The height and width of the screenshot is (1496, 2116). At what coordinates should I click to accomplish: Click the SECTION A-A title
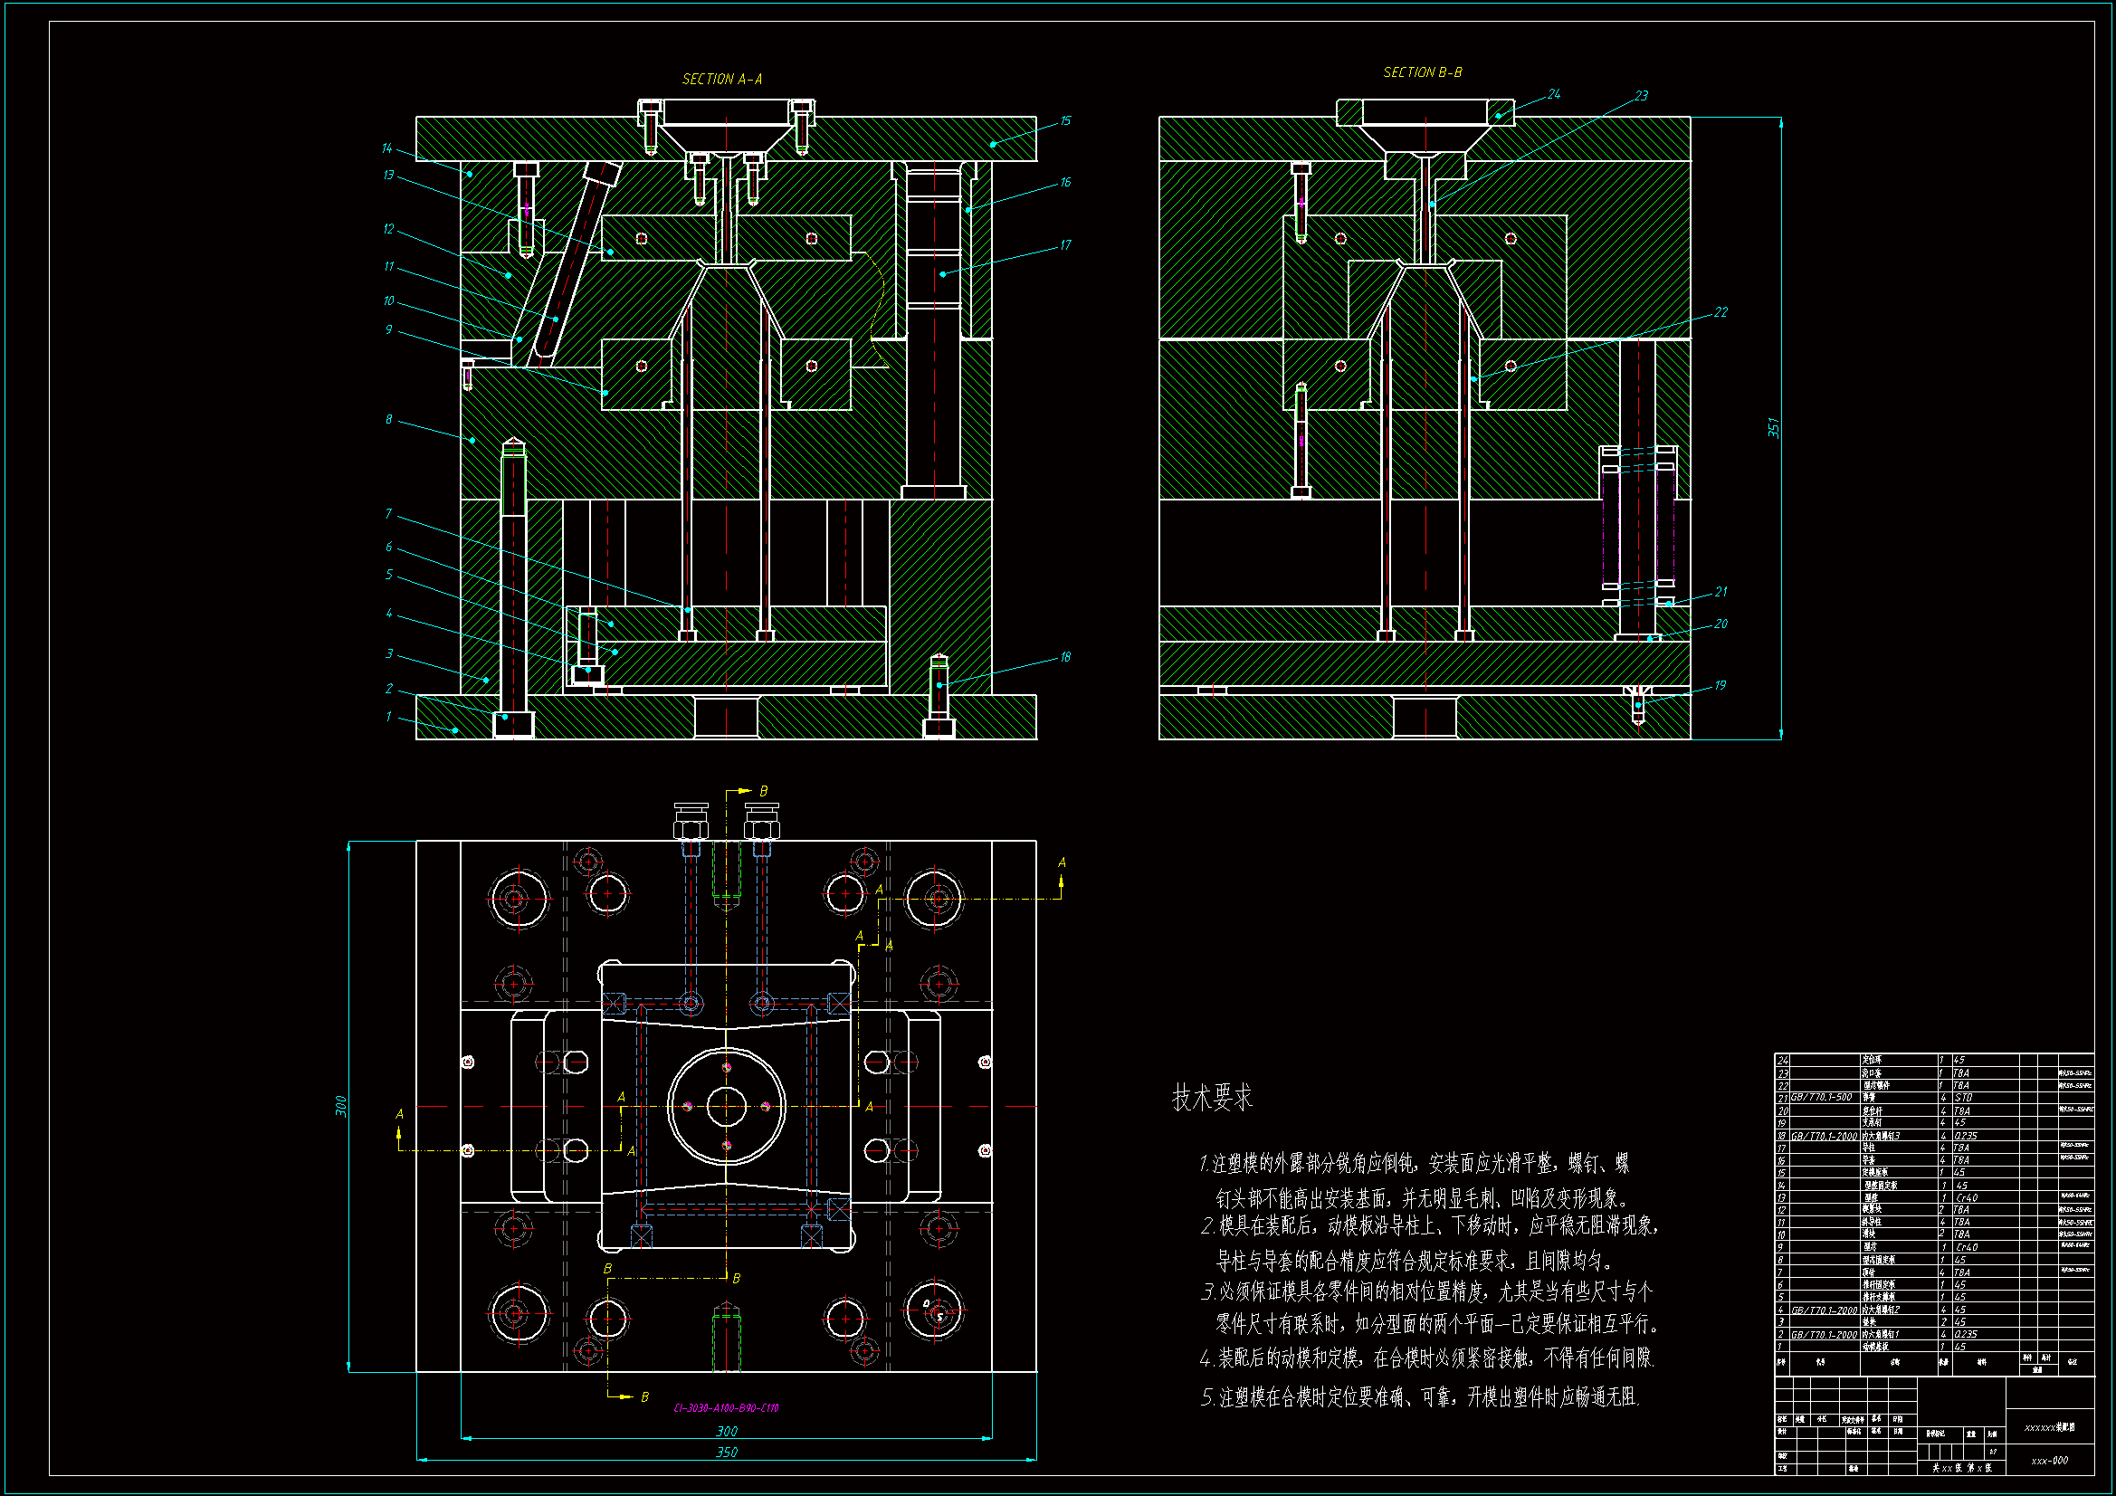coord(721,80)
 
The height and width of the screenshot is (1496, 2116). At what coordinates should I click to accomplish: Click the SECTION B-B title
coord(1422,71)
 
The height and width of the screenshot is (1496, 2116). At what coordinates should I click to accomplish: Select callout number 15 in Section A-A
coord(1065,120)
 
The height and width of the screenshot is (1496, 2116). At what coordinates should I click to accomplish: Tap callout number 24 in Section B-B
coord(1554,94)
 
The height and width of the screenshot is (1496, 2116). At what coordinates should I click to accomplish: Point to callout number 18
coord(1065,657)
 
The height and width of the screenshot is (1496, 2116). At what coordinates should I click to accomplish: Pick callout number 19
coord(1720,685)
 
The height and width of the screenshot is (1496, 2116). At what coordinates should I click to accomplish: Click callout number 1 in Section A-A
coord(388,716)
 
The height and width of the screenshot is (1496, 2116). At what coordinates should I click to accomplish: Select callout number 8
coord(388,419)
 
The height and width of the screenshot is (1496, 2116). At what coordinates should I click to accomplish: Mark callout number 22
coord(1720,312)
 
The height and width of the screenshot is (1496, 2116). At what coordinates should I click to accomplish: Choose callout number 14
coord(386,148)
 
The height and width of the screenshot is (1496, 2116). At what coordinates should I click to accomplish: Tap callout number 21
coord(1720,591)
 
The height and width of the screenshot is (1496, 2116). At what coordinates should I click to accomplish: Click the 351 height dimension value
coord(1772,428)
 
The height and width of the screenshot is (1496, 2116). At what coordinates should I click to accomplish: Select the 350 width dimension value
coord(726,1452)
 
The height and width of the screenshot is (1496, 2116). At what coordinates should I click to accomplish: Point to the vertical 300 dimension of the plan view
coord(340,1106)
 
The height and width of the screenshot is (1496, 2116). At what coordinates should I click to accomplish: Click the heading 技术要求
coord(1212,1098)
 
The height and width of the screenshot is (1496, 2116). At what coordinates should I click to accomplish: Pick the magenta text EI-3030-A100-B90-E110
coord(726,1407)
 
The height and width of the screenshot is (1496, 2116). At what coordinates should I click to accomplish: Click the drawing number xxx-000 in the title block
coord(2049,1460)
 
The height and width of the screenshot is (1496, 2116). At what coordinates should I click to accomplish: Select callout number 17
coord(1065,245)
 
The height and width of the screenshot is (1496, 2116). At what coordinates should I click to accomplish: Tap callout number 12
coord(388,229)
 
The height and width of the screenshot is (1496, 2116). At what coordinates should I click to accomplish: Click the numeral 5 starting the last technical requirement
coord(1206,1397)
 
